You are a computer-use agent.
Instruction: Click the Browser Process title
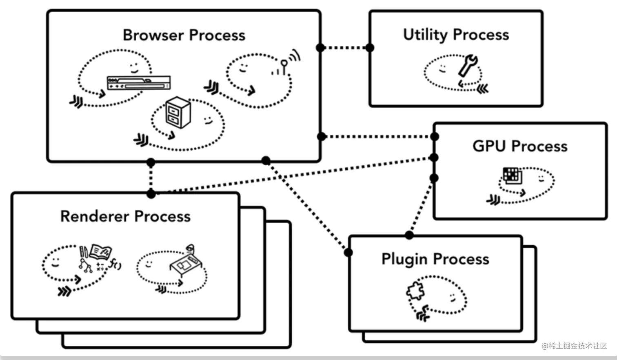click(184, 35)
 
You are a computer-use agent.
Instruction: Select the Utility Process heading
click(456, 35)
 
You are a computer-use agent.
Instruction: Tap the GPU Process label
click(520, 146)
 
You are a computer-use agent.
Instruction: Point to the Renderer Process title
click(125, 216)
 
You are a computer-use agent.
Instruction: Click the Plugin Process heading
click(435, 259)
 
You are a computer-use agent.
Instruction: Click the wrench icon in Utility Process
click(468, 65)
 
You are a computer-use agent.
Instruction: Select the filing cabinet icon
click(178, 112)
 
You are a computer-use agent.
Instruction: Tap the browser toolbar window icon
click(138, 82)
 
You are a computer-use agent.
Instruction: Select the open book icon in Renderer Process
click(100, 251)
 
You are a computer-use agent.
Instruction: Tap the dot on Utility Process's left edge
click(370, 48)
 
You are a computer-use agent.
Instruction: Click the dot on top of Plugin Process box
click(409, 235)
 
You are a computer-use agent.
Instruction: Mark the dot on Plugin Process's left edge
click(348, 253)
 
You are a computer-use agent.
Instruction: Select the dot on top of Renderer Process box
click(151, 194)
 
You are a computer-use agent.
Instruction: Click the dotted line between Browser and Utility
click(345, 48)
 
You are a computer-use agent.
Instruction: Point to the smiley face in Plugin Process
click(453, 297)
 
